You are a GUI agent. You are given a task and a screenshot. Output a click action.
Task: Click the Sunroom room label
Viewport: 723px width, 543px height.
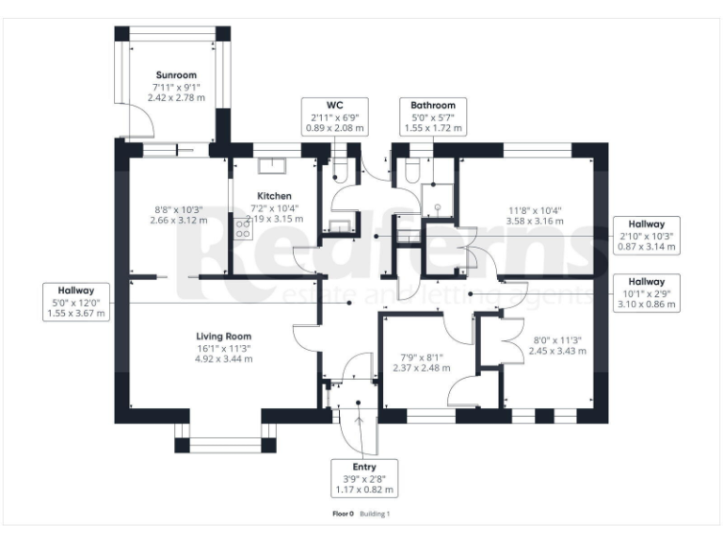[177, 74]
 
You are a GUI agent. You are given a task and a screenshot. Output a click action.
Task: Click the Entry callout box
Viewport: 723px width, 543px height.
[364, 478]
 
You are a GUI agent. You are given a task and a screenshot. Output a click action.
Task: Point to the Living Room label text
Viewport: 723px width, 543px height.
[223, 337]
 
